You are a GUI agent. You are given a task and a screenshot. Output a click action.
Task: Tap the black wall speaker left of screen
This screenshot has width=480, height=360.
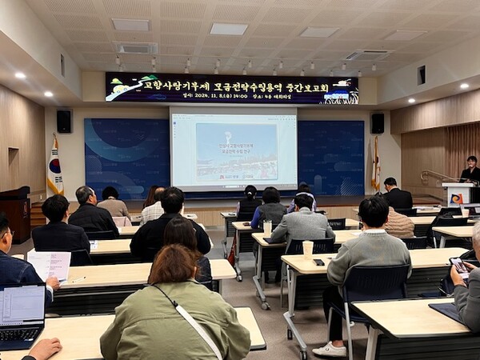(x=64, y=121)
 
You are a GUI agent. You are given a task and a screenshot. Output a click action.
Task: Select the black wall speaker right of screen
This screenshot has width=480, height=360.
(x=378, y=122)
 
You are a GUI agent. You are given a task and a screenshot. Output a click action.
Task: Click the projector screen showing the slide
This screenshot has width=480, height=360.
(x=234, y=150)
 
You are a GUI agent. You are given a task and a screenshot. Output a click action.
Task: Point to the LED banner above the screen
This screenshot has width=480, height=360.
(x=231, y=88)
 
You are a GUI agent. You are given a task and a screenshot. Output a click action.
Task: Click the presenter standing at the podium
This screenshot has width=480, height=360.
(x=470, y=170)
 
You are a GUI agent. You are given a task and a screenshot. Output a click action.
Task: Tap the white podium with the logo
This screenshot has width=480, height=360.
(x=458, y=194)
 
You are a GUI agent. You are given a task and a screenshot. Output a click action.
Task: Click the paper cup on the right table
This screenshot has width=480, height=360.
(x=308, y=249)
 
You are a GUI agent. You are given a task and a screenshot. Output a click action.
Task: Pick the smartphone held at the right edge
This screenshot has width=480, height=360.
(x=458, y=265)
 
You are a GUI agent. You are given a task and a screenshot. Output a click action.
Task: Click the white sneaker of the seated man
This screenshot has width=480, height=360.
(x=330, y=349)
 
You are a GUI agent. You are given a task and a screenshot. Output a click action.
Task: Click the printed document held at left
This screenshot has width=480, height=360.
(x=50, y=265)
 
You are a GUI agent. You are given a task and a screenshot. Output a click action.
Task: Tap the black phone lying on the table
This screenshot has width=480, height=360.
(x=318, y=262)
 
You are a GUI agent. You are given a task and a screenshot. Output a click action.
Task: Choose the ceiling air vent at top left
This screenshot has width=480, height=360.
(x=136, y=48)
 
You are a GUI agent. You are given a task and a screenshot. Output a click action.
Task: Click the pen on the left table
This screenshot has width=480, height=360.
(x=75, y=280)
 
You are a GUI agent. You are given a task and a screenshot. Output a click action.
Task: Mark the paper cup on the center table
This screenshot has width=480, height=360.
(x=267, y=226)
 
